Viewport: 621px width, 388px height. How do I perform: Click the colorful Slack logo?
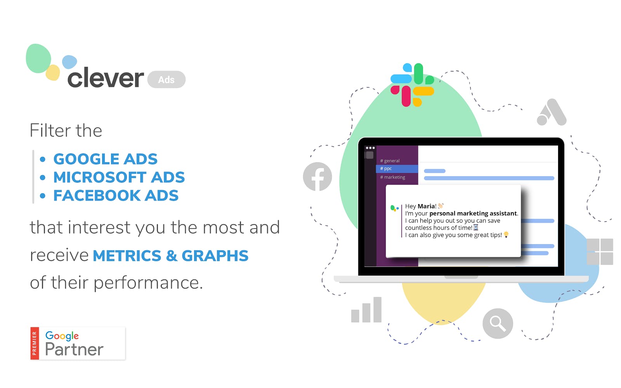412,85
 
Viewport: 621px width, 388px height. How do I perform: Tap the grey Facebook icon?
317,177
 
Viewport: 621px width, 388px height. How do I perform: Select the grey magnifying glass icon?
498,324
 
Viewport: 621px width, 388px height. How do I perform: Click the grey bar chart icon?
366,310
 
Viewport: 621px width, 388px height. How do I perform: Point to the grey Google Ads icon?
552,112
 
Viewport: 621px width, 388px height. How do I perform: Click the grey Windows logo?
600,252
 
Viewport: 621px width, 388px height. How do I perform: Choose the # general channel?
390,161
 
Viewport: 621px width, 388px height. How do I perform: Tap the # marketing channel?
392,177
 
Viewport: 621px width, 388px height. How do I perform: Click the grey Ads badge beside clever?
167,80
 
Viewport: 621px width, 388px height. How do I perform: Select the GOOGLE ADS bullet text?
105,159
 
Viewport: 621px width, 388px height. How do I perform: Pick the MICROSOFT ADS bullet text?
119,177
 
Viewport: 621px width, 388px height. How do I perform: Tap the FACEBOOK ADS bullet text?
116,196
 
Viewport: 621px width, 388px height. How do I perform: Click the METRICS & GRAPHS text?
170,256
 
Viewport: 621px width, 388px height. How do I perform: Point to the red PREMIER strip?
35,343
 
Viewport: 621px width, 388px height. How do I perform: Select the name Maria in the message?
426,206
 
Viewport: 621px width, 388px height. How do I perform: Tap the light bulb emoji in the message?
506,234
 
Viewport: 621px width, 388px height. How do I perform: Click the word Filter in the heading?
50,130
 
